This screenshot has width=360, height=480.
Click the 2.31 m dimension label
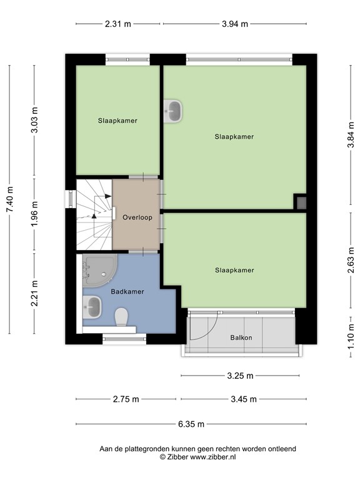(x=118, y=24)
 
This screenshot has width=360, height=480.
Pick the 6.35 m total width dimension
(x=191, y=424)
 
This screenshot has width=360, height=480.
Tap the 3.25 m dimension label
(x=240, y=376)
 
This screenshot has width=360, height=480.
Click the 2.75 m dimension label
(x=127, y=400)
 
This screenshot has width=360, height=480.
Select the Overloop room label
(x=137, y=218)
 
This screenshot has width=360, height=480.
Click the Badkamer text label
(x=127, y=291)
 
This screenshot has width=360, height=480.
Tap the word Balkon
(x=241, y=338)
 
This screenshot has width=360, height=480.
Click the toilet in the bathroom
(x=122, y=317)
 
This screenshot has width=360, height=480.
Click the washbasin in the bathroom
(x=92, y=307)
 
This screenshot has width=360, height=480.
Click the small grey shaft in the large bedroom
(x=301, y=202)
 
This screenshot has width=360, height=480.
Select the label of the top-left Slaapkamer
(x=117, y=120)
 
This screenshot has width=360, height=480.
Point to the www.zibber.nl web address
(x=214, y=457)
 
